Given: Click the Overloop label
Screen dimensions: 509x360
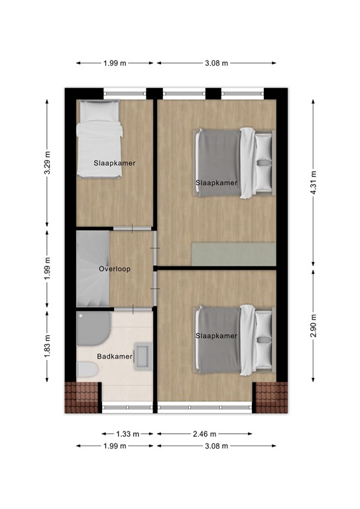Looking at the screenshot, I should (x=115, y=269).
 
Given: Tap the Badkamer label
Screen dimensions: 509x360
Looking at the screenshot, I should (x=115, y=356).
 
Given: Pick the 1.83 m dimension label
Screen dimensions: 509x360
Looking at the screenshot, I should (x=47, y=345).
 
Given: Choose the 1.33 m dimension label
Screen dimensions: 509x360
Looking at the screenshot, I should (x=127, y=434).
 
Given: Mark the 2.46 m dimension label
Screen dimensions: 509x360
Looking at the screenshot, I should (x=204, y=434).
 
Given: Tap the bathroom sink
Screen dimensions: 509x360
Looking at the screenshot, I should (x=143, y=355).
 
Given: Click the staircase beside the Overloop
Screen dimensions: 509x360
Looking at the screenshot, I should (x=91, y=268).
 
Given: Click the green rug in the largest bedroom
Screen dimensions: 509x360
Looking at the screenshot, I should (x=233, y=253).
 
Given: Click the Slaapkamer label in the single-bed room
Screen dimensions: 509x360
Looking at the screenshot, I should (x=115, y=162).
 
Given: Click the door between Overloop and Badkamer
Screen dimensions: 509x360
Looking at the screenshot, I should (x=132, y=310).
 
